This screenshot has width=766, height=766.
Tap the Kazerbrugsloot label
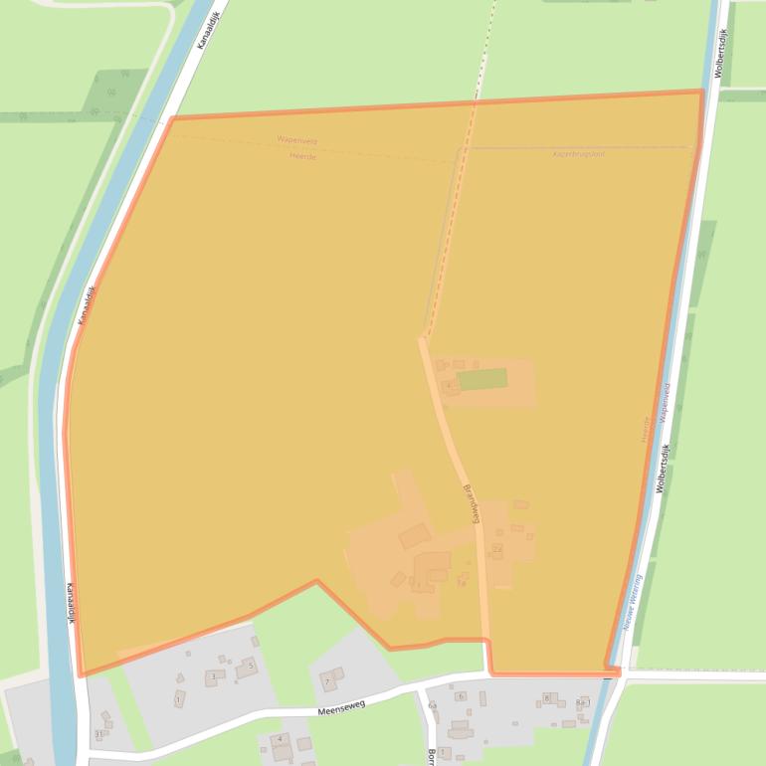[x=578, y=154]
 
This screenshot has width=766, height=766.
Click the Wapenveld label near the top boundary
[x=296, y=141]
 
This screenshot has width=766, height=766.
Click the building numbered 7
[x=328, y=681]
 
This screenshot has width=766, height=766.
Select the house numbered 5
[x=250, y=666]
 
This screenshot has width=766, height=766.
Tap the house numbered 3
[x=212, y=677]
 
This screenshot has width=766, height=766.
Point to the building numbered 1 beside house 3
[x=179, y=699]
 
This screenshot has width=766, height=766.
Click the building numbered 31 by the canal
[x=98, y=734]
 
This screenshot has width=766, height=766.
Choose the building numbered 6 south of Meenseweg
[x=461, y=696]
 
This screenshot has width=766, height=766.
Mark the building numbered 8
[x=546, y=698]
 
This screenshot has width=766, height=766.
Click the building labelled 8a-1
[x=582, y=703]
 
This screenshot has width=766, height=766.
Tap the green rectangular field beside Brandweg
[x=482, y=379]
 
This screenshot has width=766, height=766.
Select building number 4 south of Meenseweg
[x=281, y=740]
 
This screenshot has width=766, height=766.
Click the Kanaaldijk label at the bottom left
[x=73, y=602]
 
